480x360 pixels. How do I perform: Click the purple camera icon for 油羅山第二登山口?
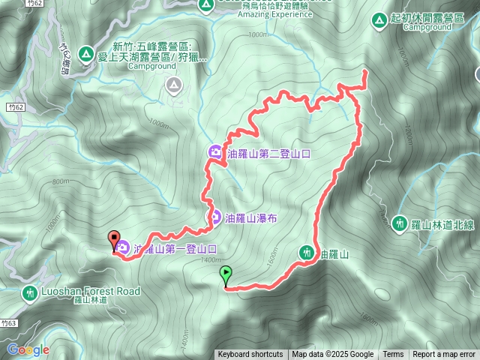tap(216, 153)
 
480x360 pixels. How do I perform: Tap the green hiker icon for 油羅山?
tap(307, 254)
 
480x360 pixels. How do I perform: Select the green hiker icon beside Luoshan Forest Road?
tap(29, 292)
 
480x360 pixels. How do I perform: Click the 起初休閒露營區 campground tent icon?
tap(380, 18)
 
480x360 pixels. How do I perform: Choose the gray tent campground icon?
tap(173, 85)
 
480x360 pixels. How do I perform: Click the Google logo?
tap(28, 349)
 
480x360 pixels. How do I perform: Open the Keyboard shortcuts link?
tap(250, 355)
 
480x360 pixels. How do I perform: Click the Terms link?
tap(393, 355)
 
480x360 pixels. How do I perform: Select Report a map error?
tap(444, 355)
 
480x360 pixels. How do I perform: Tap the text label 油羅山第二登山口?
tap(269, 154)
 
